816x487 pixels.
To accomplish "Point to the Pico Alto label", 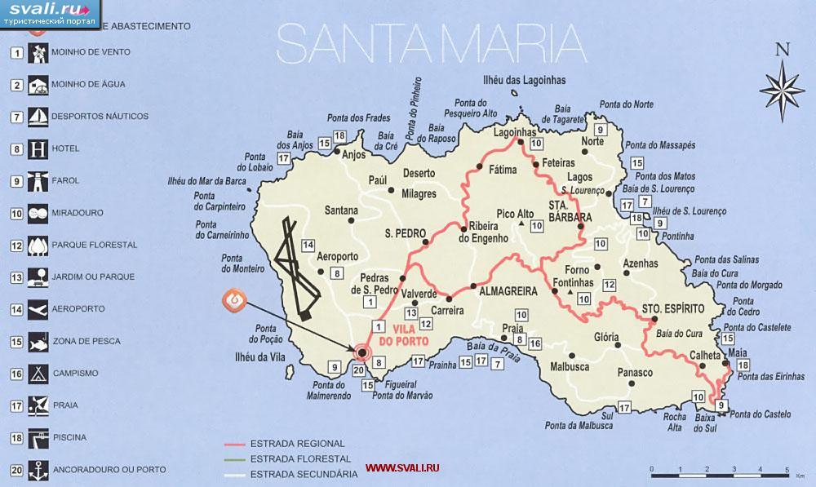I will (x=514, y=214).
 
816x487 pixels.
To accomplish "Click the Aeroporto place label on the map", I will (x=337, y=256).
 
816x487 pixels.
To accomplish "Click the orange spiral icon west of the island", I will (x=235, y=300).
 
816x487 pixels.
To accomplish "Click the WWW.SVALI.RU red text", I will (x=402, y=468).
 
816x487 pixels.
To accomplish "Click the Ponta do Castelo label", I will (x=761, y=414).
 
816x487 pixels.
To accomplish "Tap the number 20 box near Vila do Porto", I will (x=358, y=370).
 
